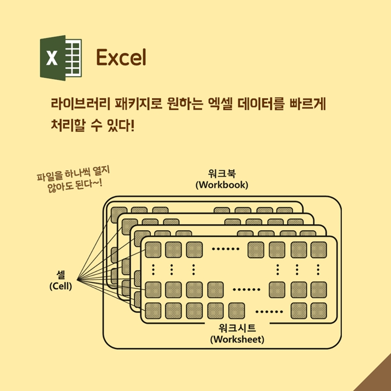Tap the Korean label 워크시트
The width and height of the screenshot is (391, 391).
pos(237,328)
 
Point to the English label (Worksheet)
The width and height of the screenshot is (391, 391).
pos(237,339)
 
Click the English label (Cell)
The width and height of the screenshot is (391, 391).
pos(61,286)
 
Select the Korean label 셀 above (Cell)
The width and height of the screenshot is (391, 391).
pos(60,275)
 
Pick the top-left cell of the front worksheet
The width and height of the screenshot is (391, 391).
pos(153,249)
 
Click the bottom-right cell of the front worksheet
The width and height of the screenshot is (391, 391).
pos(318,311)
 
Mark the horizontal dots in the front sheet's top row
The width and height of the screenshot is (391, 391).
pos(225,249)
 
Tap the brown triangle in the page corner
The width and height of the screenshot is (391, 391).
pos(377,379)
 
